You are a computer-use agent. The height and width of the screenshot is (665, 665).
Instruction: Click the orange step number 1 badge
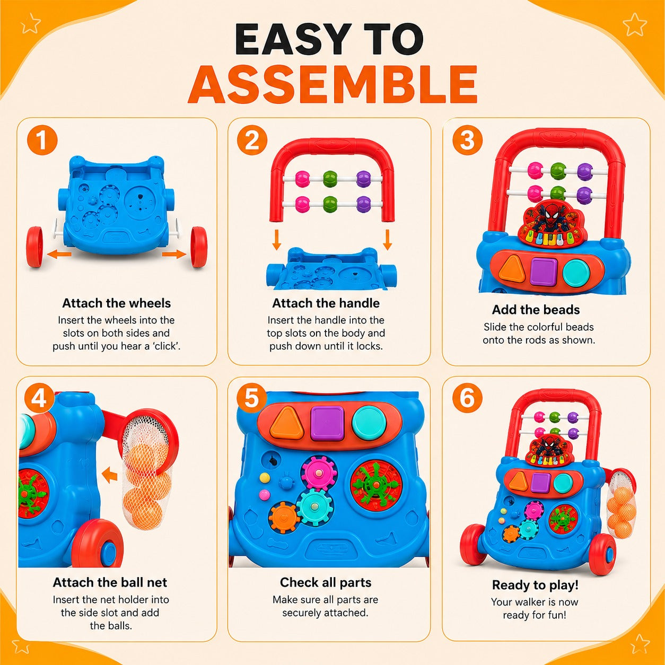(42, 140)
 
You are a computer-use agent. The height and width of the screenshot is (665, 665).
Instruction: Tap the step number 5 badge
(251, 398)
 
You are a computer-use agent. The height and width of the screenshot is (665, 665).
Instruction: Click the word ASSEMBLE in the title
(332, 84)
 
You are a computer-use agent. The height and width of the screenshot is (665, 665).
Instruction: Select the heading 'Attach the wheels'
(117, 303)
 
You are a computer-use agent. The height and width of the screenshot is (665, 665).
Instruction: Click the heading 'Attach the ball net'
(110, 582)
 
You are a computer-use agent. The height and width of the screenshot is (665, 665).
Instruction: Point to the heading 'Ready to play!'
(535, 585)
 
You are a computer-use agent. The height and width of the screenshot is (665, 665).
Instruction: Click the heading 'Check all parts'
(326, 582)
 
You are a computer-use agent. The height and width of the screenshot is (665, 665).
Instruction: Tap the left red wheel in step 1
(34, 247)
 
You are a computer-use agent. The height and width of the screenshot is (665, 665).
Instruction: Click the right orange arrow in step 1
(174, 255)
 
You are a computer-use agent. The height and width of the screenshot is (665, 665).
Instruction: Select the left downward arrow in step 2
(276, 240)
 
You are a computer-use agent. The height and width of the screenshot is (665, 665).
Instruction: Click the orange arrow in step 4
(110, 475)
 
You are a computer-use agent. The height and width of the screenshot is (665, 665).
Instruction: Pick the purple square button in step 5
(328, 423)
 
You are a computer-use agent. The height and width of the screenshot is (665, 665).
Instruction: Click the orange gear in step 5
(284, 518)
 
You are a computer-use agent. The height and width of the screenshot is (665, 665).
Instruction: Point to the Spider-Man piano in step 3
(550, 227)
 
